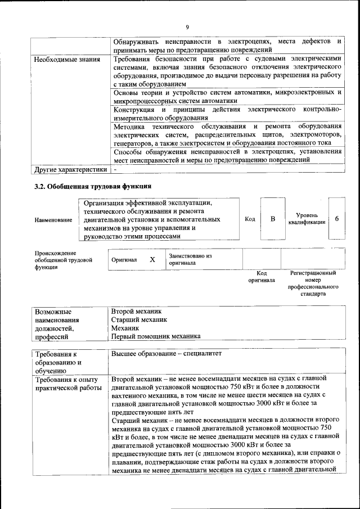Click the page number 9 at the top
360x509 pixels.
[x=187, y=28]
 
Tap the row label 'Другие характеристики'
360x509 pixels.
[x=70, y=169]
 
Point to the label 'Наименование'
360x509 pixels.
[x=53, y=220]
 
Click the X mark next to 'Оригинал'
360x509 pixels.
[x=152, y=260]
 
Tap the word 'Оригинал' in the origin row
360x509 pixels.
[x=124, y=260]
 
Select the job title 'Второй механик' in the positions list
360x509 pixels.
[x=136, y=310]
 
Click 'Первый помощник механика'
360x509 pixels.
[x=155, y=336]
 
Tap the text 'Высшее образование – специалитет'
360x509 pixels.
[x=167, y=354]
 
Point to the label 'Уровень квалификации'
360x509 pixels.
[x=307, y=219]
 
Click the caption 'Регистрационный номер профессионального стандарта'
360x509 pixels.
[x=313, y=283]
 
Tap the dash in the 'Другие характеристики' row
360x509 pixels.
[x=115, y=169]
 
